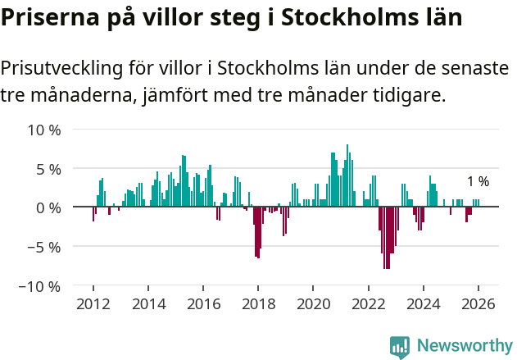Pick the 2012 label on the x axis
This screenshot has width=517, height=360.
[x=93, y=304]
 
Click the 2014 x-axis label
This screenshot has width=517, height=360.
[x=148, y=304]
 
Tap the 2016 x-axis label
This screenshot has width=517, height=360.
[x=203, y=304]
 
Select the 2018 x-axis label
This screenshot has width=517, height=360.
[x=258, y=304]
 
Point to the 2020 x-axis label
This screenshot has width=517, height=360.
[x=313, y=304]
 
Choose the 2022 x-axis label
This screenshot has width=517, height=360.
[x=368, y=304]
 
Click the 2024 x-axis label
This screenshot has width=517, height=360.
[x=423, y=304]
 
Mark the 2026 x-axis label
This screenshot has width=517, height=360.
[x=478, y=304]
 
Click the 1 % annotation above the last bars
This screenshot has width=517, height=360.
[x=478, y=182]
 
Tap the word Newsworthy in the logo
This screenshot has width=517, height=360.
[x=465, y=346]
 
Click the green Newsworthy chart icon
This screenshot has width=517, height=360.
[x=400, y=347]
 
